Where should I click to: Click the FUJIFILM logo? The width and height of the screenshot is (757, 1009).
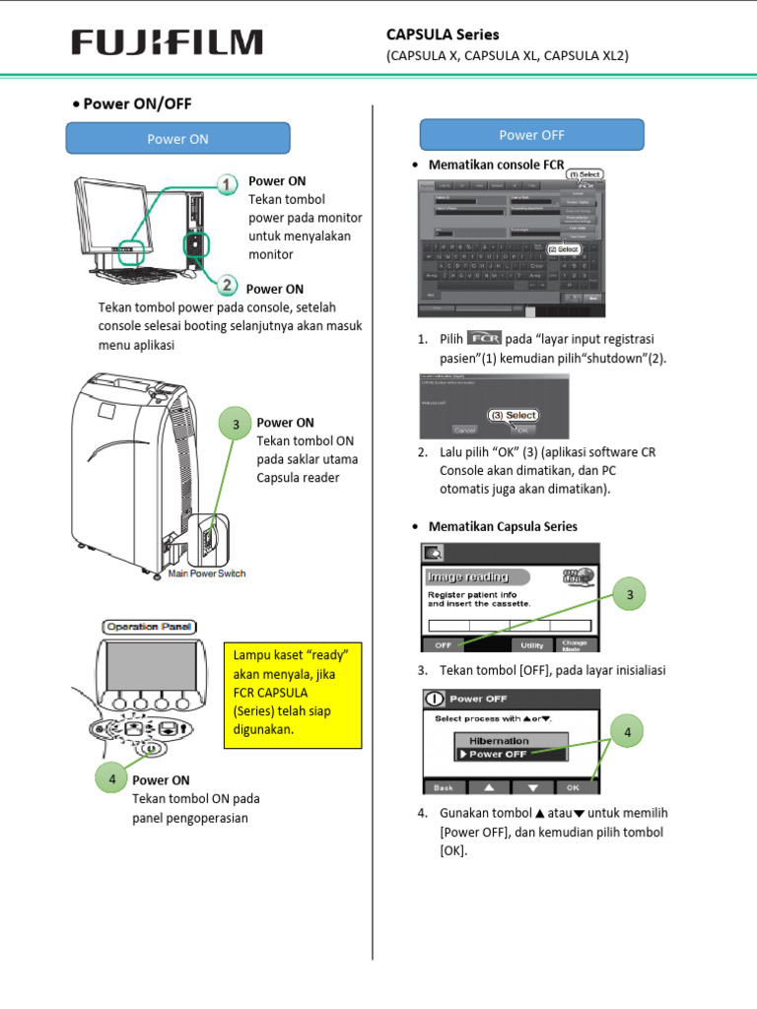click(x=167, y=43)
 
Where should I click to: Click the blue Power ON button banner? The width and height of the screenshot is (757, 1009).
click(x=178, y=139)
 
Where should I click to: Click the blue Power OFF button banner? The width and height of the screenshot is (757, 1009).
click(x=531, y=135)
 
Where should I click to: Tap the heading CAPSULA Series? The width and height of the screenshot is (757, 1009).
click(x=443, y=34)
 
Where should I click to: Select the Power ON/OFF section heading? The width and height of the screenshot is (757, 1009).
click(x=144, y=102)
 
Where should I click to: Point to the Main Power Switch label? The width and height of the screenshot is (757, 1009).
click(x=206, y=573)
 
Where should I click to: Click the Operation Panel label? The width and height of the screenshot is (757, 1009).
click(x=150, y=626)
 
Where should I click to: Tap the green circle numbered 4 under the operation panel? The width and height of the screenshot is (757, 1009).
click(x=112, y=778)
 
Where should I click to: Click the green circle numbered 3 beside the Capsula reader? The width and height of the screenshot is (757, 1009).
click(x=236, y=425)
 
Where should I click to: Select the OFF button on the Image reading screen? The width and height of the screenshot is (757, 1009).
click(x=443, y=644)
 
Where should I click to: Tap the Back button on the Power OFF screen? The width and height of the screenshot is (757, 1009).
click(x=444, y=787)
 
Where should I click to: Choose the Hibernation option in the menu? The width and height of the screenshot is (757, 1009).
click(x=499, y=740)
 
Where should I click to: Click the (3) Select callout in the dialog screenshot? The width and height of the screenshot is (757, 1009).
click(x=514, y=415)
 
